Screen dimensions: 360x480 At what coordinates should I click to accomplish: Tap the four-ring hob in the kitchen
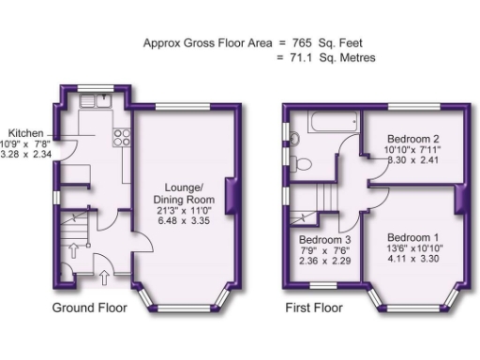(121, 137)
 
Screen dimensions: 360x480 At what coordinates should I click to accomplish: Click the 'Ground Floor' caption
(89, 308)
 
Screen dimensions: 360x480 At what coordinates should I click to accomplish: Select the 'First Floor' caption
(314, 308)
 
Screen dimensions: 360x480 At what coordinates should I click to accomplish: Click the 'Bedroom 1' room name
(413, 235)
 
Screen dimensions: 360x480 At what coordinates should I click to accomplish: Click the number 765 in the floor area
(301, 42)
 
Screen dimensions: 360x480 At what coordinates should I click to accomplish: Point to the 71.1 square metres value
(300, 58)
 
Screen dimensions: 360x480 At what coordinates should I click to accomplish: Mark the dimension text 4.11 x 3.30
(412, 259)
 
